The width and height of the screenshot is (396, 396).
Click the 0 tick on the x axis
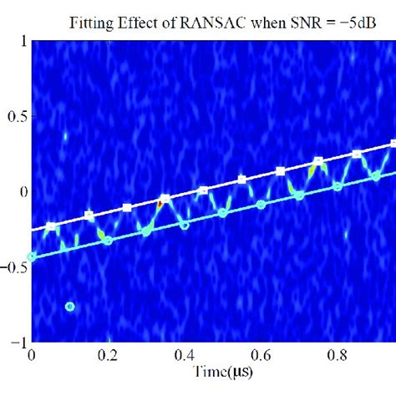[33, 354]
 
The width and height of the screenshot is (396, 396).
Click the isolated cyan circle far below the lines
[70, 307]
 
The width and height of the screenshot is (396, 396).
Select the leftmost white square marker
[52, 226]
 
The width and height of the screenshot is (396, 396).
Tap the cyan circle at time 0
[33, 256]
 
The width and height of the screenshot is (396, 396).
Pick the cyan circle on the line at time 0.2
[108, 241]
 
